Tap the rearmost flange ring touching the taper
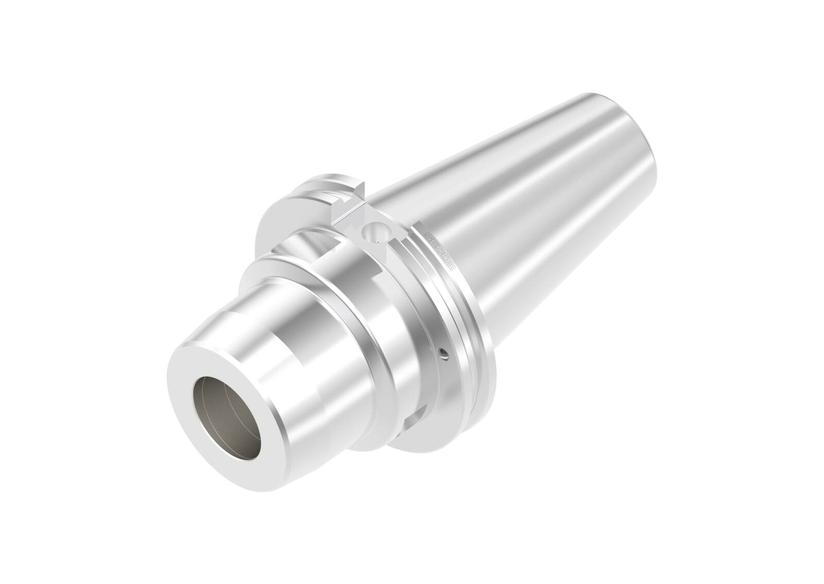coord(479,329)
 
